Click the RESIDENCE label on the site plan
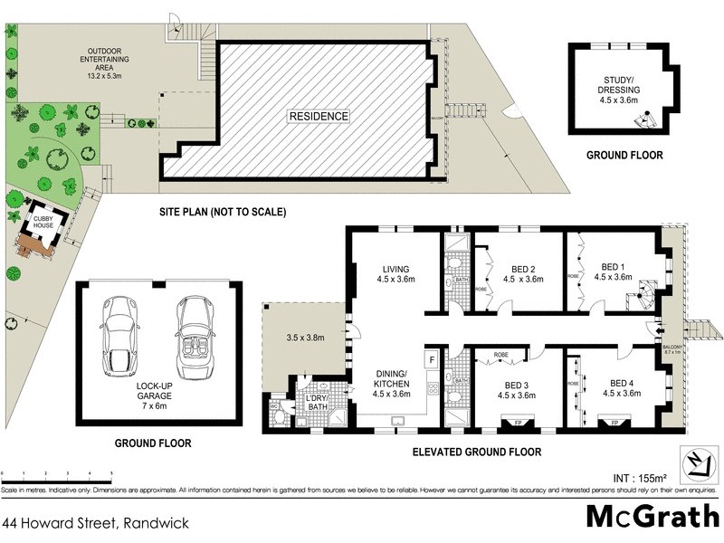tap(318, 116)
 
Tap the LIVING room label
tap(395, 274)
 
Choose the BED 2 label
tap(528, 274)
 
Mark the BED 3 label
tap(520, 388)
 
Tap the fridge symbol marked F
tap(432, 360)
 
